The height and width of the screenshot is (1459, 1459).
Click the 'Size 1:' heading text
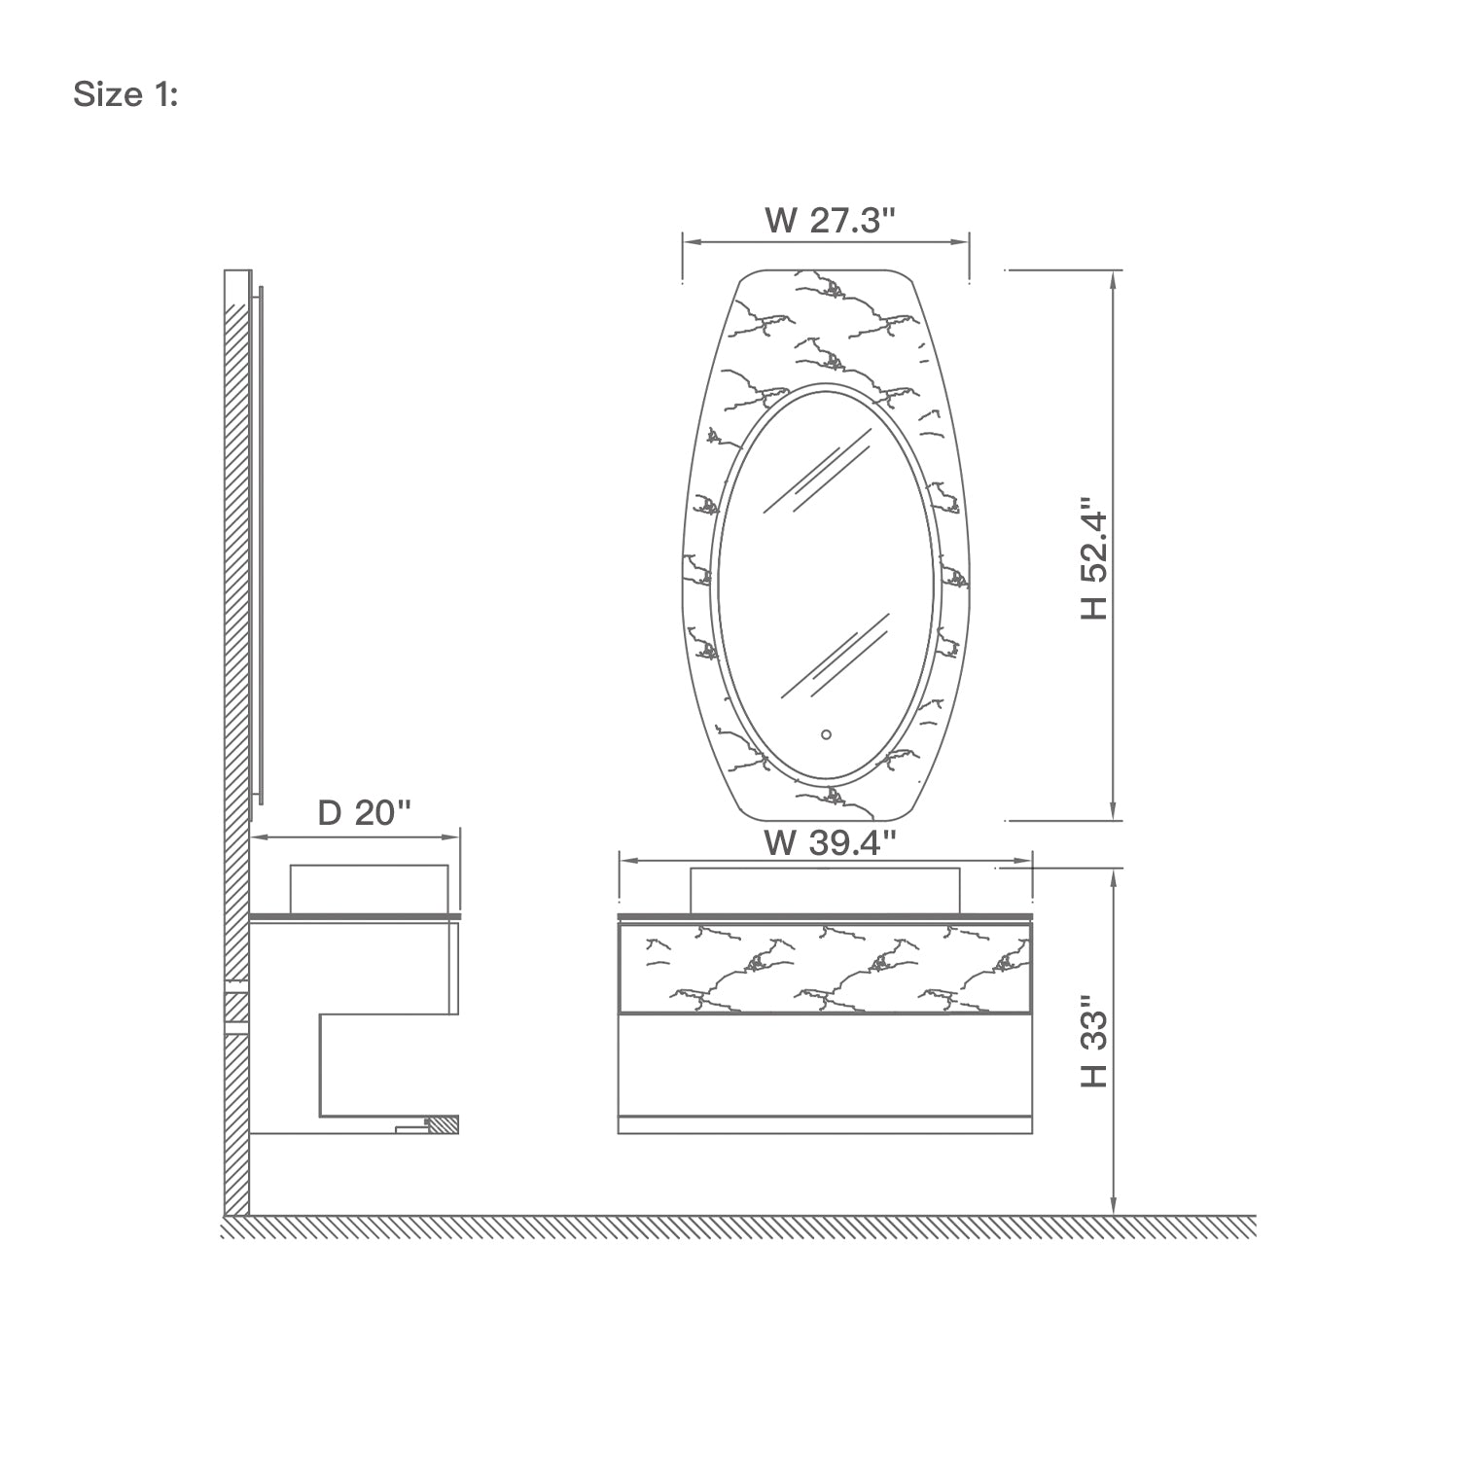click(x=125, y=95)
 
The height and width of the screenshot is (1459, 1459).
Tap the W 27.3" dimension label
click(x=829, y=221)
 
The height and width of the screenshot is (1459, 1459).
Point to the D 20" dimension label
click(x=365, y=812)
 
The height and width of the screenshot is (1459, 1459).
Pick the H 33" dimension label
click(x=1094, y=1041)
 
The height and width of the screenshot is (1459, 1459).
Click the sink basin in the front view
click(x=825, y=890)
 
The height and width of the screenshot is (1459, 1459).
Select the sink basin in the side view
click(x=369, y=887)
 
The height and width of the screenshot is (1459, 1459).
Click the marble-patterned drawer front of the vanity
click(x=825, y=968)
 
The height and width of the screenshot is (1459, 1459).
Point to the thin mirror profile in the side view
click(x=260, y=545)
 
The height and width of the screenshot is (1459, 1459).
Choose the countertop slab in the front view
click(x=825, y=916)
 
